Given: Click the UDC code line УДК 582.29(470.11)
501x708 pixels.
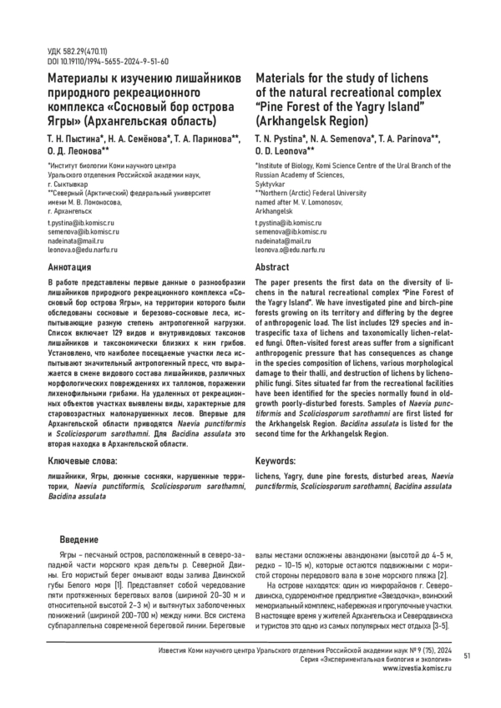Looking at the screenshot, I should tap(70, 52).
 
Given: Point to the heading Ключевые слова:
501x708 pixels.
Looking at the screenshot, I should tap(78, 460).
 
